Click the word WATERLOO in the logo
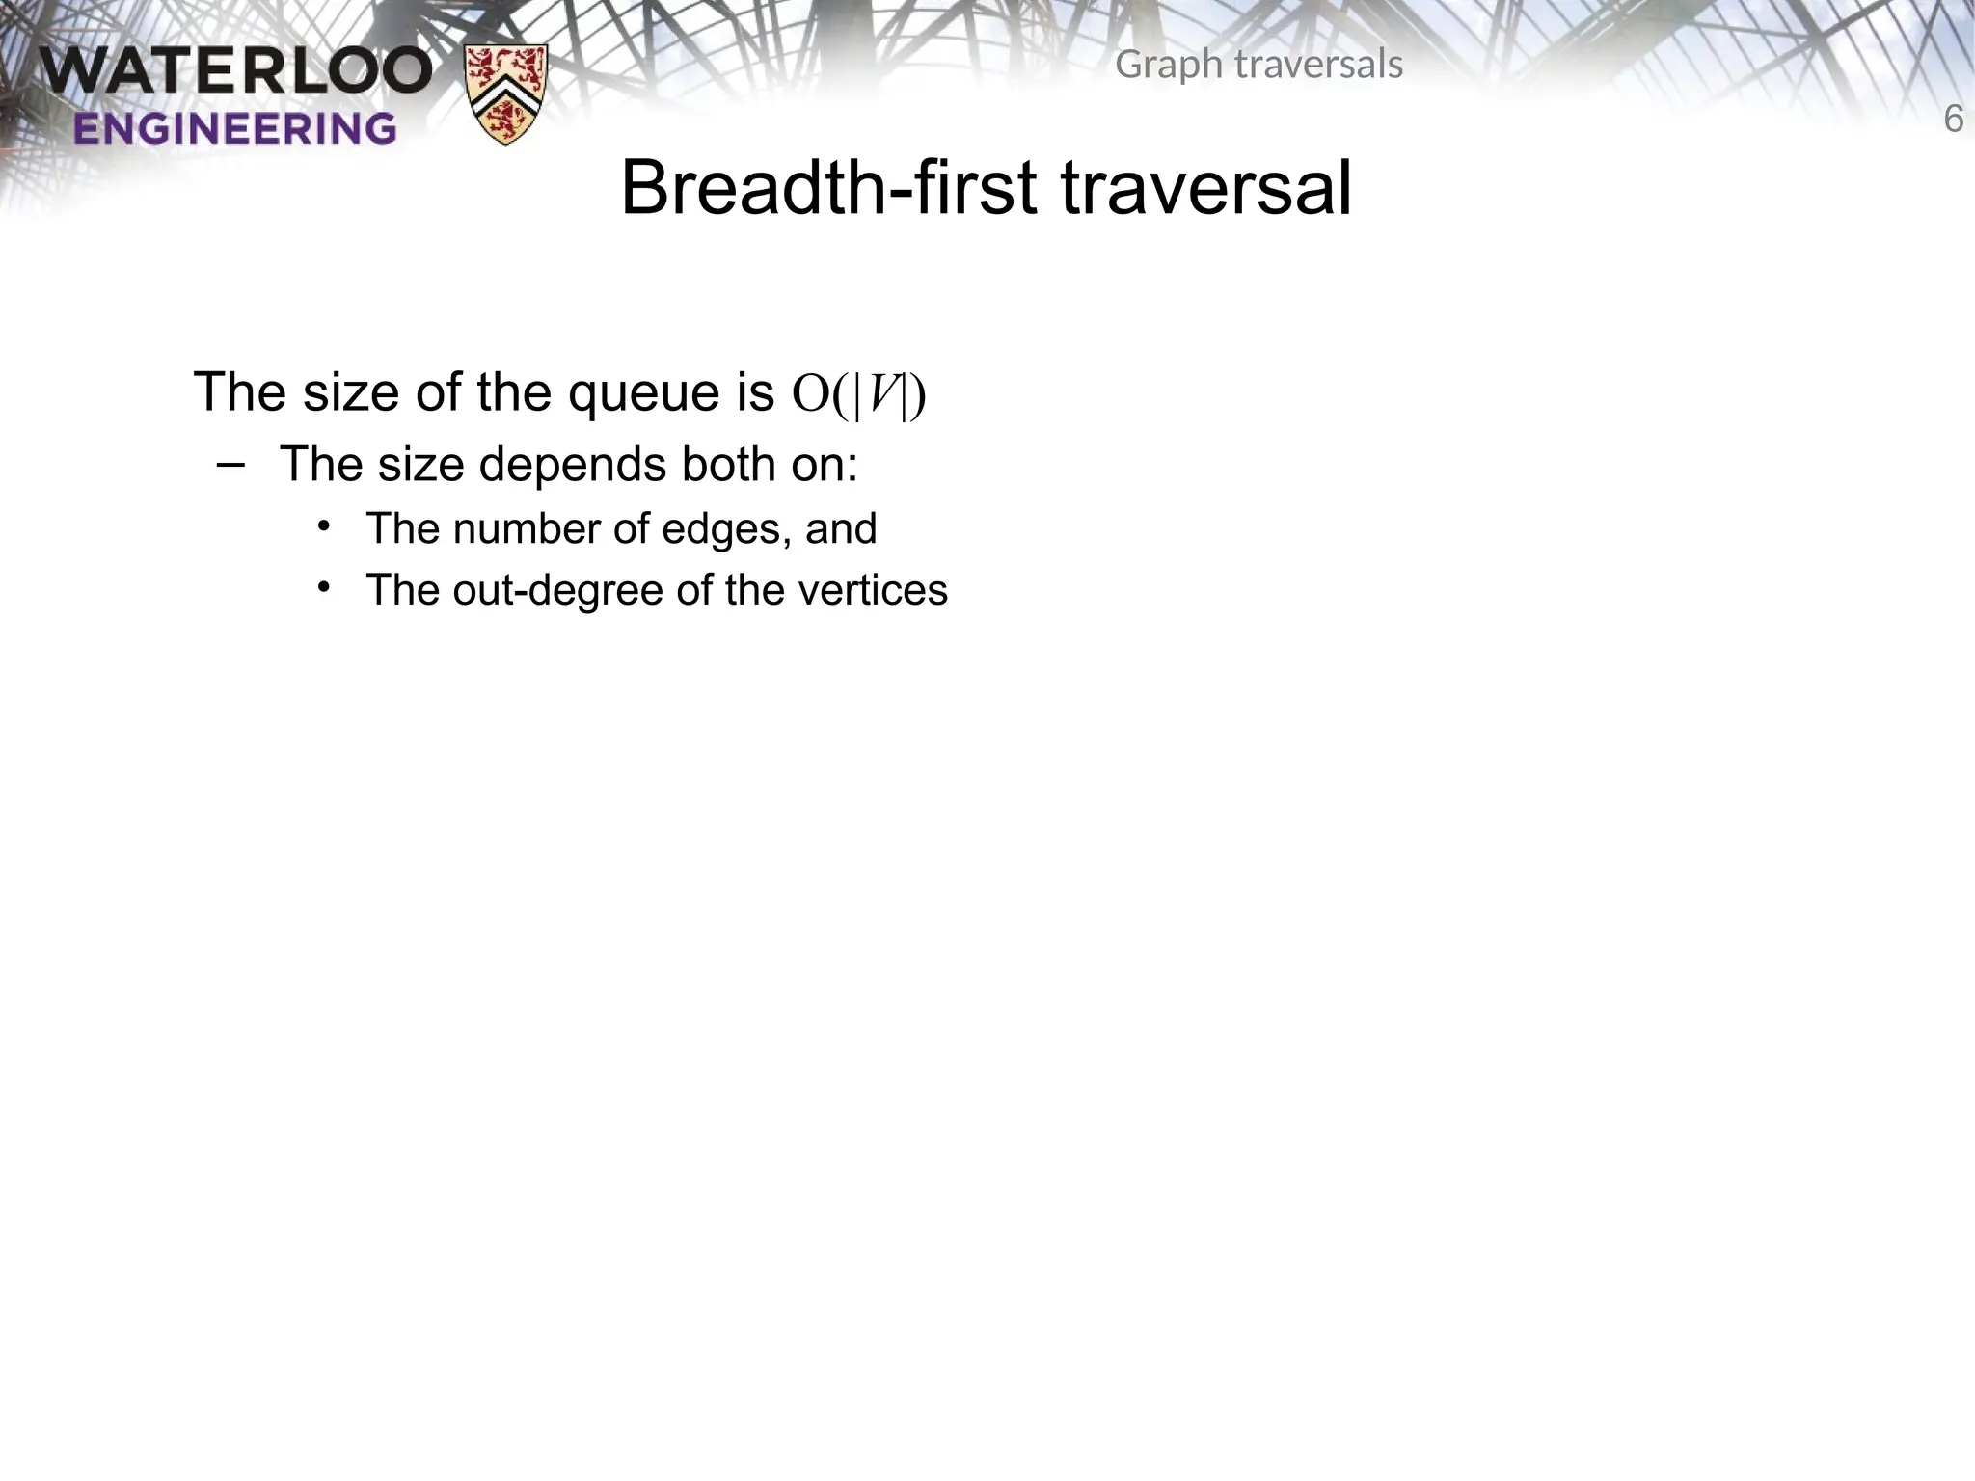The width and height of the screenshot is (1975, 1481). click(236, 72)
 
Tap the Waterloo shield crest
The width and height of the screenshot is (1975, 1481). click(506, 94)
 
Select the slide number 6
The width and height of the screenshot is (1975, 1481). click(1953, 120)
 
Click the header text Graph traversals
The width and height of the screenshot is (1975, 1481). click(1258, 65)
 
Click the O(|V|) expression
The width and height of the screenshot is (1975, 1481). click(858, 393)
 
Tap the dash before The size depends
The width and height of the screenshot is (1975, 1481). click(231, 465)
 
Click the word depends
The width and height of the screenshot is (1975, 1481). click(572, 465)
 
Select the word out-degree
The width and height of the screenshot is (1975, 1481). click(557, 590)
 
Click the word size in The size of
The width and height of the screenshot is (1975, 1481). click(351, 393)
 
